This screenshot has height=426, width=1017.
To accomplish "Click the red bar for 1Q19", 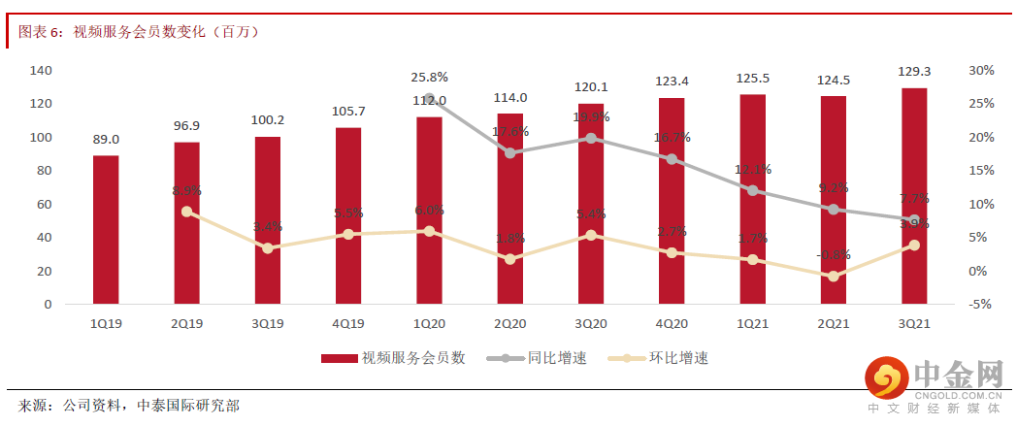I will pos(106,230).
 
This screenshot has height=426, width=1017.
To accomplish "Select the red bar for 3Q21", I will pos(914,196).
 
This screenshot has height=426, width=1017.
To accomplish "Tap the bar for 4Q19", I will pos(348,215).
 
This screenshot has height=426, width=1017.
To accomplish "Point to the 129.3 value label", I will pos(914,72).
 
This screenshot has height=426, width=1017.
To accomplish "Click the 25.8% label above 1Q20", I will pos(429,77).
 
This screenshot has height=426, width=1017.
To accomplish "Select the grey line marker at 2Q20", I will pos(510,152).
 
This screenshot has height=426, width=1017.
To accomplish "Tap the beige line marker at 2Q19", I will pos(186,212).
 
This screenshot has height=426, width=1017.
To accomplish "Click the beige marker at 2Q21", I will pos(834,277).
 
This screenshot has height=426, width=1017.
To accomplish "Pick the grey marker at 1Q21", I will pos(753,190).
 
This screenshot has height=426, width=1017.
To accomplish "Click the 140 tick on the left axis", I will pos(41,71).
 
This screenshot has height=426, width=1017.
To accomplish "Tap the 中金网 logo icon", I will pos(884,379).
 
